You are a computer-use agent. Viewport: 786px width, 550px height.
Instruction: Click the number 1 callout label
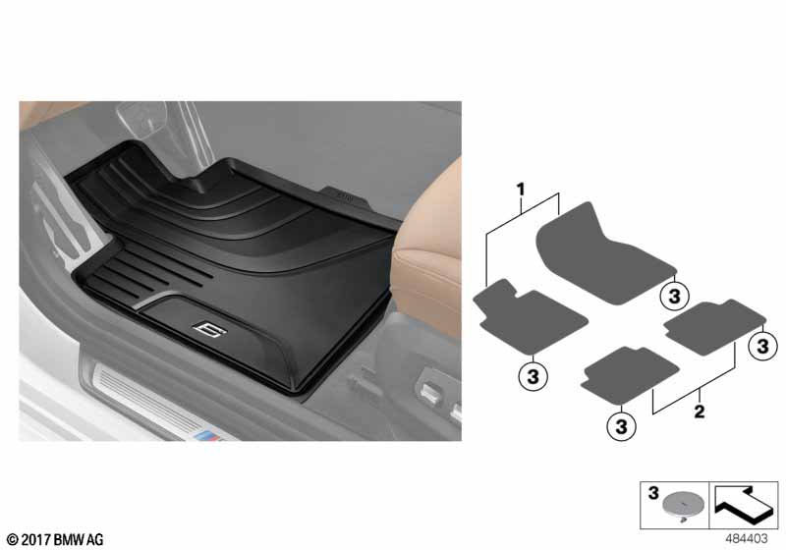tap(521, 190)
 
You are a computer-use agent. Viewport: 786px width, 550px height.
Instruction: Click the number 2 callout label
tap(700, 412)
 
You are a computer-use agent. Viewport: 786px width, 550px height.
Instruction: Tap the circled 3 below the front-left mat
tap(533, 376)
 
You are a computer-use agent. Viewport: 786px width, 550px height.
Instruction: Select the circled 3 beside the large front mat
tap(675, 296)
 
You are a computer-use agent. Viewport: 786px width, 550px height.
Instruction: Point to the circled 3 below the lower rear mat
tap(621, 427)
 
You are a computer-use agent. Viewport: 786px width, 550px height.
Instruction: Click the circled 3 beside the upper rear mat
tap(762, 346)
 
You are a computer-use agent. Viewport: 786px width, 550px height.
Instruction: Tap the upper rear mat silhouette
tap(714, 327)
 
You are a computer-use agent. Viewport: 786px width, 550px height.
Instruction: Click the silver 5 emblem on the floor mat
tap(209, 329)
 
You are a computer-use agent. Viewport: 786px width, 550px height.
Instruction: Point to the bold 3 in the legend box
tap(653, 493)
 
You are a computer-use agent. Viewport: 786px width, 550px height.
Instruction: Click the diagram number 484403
tap(746, 538)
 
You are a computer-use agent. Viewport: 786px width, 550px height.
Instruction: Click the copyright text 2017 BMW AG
tap(55, 540)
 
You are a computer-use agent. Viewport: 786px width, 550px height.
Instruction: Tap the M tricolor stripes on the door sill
tap(209, 436)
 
